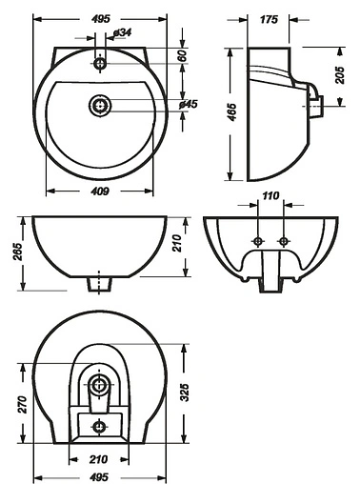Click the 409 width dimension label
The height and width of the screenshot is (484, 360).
(x=100, y=191)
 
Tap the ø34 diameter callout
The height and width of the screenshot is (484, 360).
(x=122, y=32)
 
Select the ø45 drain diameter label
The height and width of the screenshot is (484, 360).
(x=188, y=104)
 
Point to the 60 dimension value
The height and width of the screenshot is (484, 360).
(x=182, y=55)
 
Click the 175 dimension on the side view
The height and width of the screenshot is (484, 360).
(x=269, y=19)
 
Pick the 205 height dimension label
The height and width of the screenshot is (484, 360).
(x=340, y=75)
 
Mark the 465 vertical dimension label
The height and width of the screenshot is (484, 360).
(x=232, y=111)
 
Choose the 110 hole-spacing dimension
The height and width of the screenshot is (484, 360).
(x=270, y=195)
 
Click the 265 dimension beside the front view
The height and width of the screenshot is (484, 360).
(x=18, y=252)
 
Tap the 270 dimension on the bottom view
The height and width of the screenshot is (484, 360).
(x=23, y=404)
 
